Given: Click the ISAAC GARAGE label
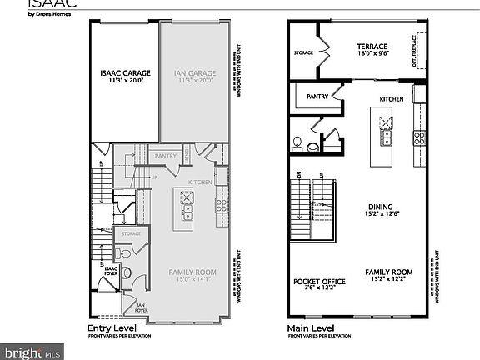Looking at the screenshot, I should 122,77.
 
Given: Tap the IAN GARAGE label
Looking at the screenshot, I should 193,77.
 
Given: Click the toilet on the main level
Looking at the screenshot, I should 312,145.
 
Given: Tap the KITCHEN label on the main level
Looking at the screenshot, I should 392,98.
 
